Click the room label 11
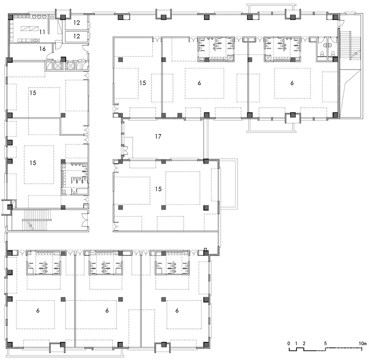click(x=42, y=32)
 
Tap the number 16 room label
click(x=42, y=49)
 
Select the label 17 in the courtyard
click(x=158, y=136)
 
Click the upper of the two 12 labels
click(x=77, y=23)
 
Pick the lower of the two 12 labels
click(x=77, y=36)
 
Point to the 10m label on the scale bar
click(x=362, y=343)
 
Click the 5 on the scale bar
click(x=326, y=343)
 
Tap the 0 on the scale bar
click(x=289, y=343)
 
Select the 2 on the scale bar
click(x=304, y=343)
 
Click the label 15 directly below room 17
click(x=158, y=189)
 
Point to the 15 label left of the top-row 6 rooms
click(x=143, y=83)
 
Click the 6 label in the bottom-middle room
click(x=107, y=310)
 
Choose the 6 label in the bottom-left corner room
click(x=38, y=310)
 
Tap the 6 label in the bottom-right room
click(x=177, y=310)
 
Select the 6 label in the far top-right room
click(x=292, y=83)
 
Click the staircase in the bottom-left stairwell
click(x=37, y=220)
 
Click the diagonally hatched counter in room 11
click(x=30, y=29)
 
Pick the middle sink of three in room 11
click(x=39, y=17)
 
